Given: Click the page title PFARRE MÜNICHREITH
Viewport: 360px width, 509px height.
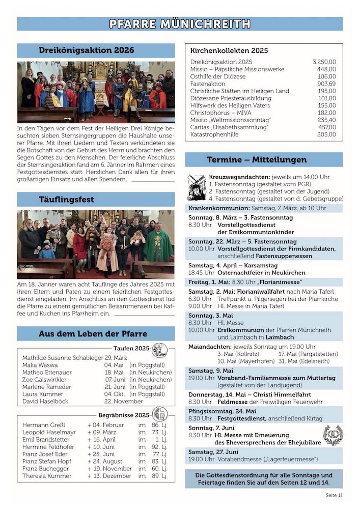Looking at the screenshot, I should (x=180, y=24).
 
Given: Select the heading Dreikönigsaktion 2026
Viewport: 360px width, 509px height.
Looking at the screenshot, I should (x=87, y=50).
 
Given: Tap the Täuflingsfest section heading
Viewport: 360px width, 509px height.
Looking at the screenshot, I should (x=67, y=200).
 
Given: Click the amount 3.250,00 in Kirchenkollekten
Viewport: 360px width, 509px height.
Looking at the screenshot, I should (x=324, y=62).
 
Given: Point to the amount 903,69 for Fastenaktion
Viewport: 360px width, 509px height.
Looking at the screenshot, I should (x=326, y=83).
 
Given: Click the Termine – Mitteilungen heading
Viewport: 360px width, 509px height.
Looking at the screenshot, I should (x=264, y=160).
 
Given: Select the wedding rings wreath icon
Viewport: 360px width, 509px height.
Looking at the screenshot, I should (x=333, y=436).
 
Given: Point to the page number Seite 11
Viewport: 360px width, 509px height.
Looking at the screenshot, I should (x=334, y=495).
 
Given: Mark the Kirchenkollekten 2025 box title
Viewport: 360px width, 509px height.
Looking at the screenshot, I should (x=229, y=51).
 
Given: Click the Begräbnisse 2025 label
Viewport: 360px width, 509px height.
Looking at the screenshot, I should (x=124, y=415).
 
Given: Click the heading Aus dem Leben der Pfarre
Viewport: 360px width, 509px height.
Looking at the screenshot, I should (x=93, y=334).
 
